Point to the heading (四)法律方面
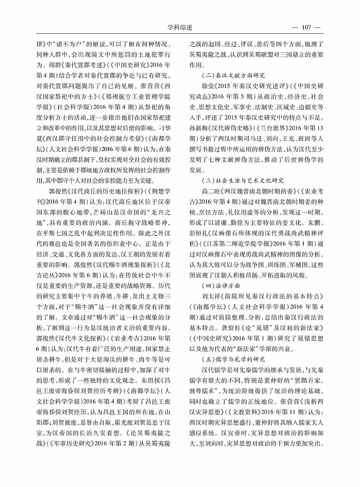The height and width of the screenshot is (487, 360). [x=221, y=284]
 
